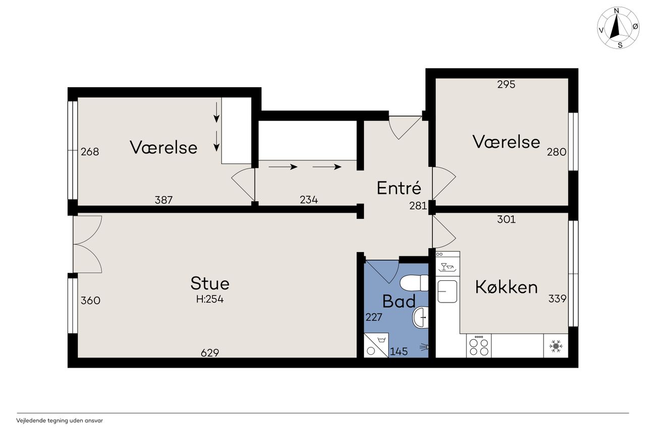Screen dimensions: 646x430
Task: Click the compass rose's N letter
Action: point(617,11)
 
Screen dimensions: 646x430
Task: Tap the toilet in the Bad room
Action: point(414,283)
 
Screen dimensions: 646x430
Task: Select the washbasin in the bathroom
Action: point(421,317)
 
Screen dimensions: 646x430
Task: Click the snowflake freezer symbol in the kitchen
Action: point(556,346)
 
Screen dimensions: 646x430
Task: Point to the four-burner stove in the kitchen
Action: point(479,346)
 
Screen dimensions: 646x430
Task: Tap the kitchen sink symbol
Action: point(447,291)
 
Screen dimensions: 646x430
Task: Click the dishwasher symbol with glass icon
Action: point(448,264)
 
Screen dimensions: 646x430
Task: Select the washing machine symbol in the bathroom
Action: point(376,345)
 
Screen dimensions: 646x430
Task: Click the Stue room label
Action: point(210,283)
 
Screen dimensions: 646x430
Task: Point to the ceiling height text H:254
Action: point(210,299)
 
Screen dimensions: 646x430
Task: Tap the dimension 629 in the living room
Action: point(210,352)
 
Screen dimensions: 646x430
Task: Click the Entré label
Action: point(399,188)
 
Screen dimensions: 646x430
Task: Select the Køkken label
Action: point(506,287)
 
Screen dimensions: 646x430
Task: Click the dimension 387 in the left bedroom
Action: point(164,200)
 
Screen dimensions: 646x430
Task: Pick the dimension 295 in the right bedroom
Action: point(506,84)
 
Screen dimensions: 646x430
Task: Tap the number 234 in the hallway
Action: point(309,200)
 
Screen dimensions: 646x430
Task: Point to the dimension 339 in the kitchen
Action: point(557,298)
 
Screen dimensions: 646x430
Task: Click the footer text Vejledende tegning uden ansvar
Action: point(60,420)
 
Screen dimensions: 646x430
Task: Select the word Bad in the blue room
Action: point(399,301)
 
